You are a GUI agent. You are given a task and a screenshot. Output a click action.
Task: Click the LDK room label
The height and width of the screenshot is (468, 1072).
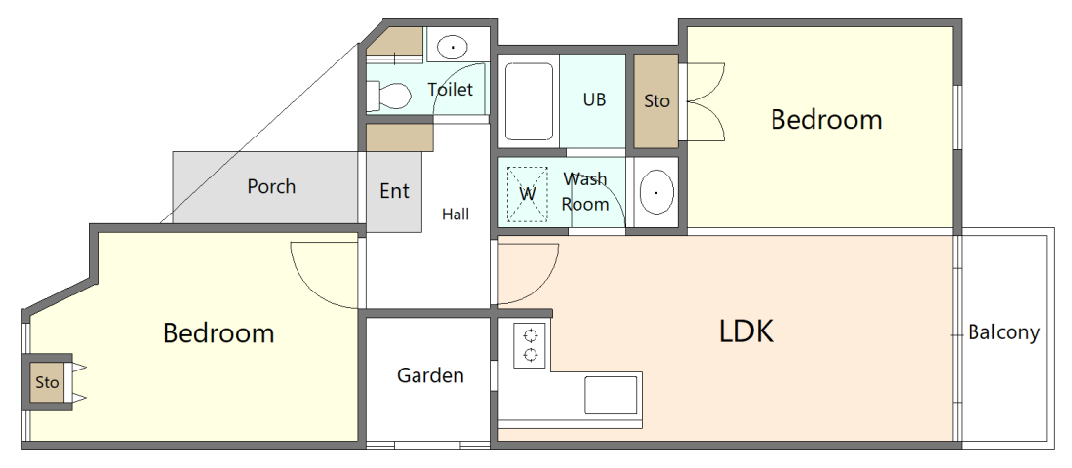746,331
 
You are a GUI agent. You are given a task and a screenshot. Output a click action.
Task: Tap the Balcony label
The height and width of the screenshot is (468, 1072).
1004,332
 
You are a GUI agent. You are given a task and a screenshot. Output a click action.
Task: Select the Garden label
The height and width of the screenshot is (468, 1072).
430,375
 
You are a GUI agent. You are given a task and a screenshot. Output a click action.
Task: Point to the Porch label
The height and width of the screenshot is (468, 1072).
271,186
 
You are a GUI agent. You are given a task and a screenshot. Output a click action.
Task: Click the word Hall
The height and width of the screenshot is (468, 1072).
456,214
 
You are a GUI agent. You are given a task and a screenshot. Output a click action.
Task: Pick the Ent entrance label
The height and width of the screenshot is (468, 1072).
394,191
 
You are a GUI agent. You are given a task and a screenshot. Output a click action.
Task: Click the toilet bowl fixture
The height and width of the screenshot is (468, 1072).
389,96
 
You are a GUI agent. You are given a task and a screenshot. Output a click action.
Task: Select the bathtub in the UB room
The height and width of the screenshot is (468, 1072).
530,101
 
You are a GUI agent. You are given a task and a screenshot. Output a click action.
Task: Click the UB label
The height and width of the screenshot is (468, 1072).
594,99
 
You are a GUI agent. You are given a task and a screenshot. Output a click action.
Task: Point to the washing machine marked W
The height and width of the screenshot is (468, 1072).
528,193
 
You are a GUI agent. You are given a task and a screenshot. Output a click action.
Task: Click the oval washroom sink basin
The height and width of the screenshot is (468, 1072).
655,193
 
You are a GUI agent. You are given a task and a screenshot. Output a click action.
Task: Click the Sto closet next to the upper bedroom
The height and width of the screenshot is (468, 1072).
656,100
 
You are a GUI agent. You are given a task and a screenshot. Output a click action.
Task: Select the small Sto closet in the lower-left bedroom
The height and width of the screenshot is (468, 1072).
47,382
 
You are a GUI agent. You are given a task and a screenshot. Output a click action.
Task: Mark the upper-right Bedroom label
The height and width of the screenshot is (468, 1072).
826,120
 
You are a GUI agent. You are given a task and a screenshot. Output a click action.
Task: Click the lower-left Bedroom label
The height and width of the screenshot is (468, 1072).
218,333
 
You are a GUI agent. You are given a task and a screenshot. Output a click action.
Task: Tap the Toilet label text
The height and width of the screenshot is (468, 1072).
450,90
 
